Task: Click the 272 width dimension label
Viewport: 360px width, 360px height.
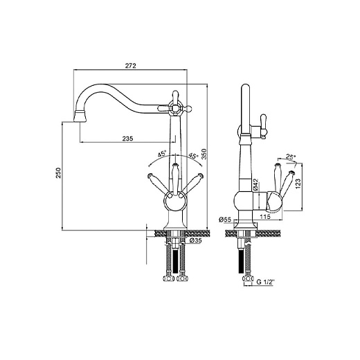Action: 131,66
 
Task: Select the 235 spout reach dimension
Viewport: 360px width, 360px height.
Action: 127,138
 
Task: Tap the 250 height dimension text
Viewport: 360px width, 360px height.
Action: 59,172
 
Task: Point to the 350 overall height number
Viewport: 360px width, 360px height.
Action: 204,154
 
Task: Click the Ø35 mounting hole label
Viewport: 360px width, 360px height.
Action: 196,240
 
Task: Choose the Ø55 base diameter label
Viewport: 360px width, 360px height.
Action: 225,219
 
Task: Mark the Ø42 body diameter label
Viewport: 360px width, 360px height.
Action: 255,185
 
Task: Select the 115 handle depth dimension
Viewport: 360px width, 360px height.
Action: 265,217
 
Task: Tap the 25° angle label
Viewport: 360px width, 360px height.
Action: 291,157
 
